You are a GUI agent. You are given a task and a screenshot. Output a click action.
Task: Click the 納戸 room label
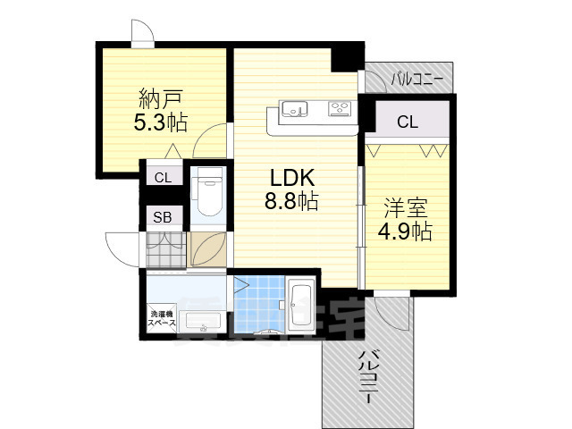pyautogui.click(x=162, y=97)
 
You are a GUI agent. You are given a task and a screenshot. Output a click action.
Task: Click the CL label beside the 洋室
pyautogui.click(x=407, y=122)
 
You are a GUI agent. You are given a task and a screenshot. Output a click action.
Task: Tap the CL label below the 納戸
pyautogui.click(x=163, y=178)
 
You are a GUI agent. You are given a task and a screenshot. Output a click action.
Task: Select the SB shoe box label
pyautogui.click(x=163, y=216)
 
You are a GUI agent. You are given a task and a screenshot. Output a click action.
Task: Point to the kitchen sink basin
pyautogui.click(x=294, y=110)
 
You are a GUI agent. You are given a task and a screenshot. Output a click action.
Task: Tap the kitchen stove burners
pyautogui.click(x=340, y=110)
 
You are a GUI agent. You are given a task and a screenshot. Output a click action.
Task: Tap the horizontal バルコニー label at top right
pyautogui.click(x=416, y=80)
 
